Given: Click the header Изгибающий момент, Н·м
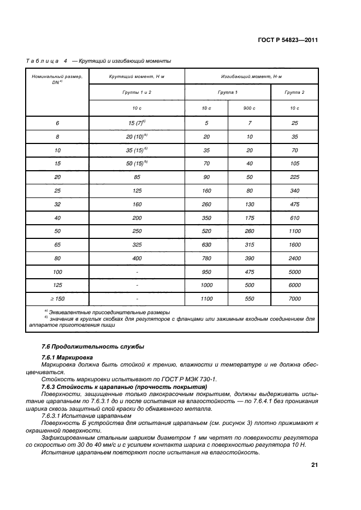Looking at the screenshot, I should pyautogui.click(x=251, y=77).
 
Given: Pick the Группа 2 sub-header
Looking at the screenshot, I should pyautogui.click(x=294, y=92).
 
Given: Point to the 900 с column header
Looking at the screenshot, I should pyautogui.click(x=250, y=109).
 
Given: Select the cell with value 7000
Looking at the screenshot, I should pyautogui.click(x=294, y=298).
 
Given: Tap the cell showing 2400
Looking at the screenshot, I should pyautogui.click(x=294, y=257).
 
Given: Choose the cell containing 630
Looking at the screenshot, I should pyautogui.click(x=206, y=244).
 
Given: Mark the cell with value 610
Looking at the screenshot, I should pyautogui.click(x=294, y=218).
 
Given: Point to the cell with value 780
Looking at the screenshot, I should pyautogui.click(x=206, y=257).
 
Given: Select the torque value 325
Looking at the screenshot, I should pyautogui.click(x=137, y=244).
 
